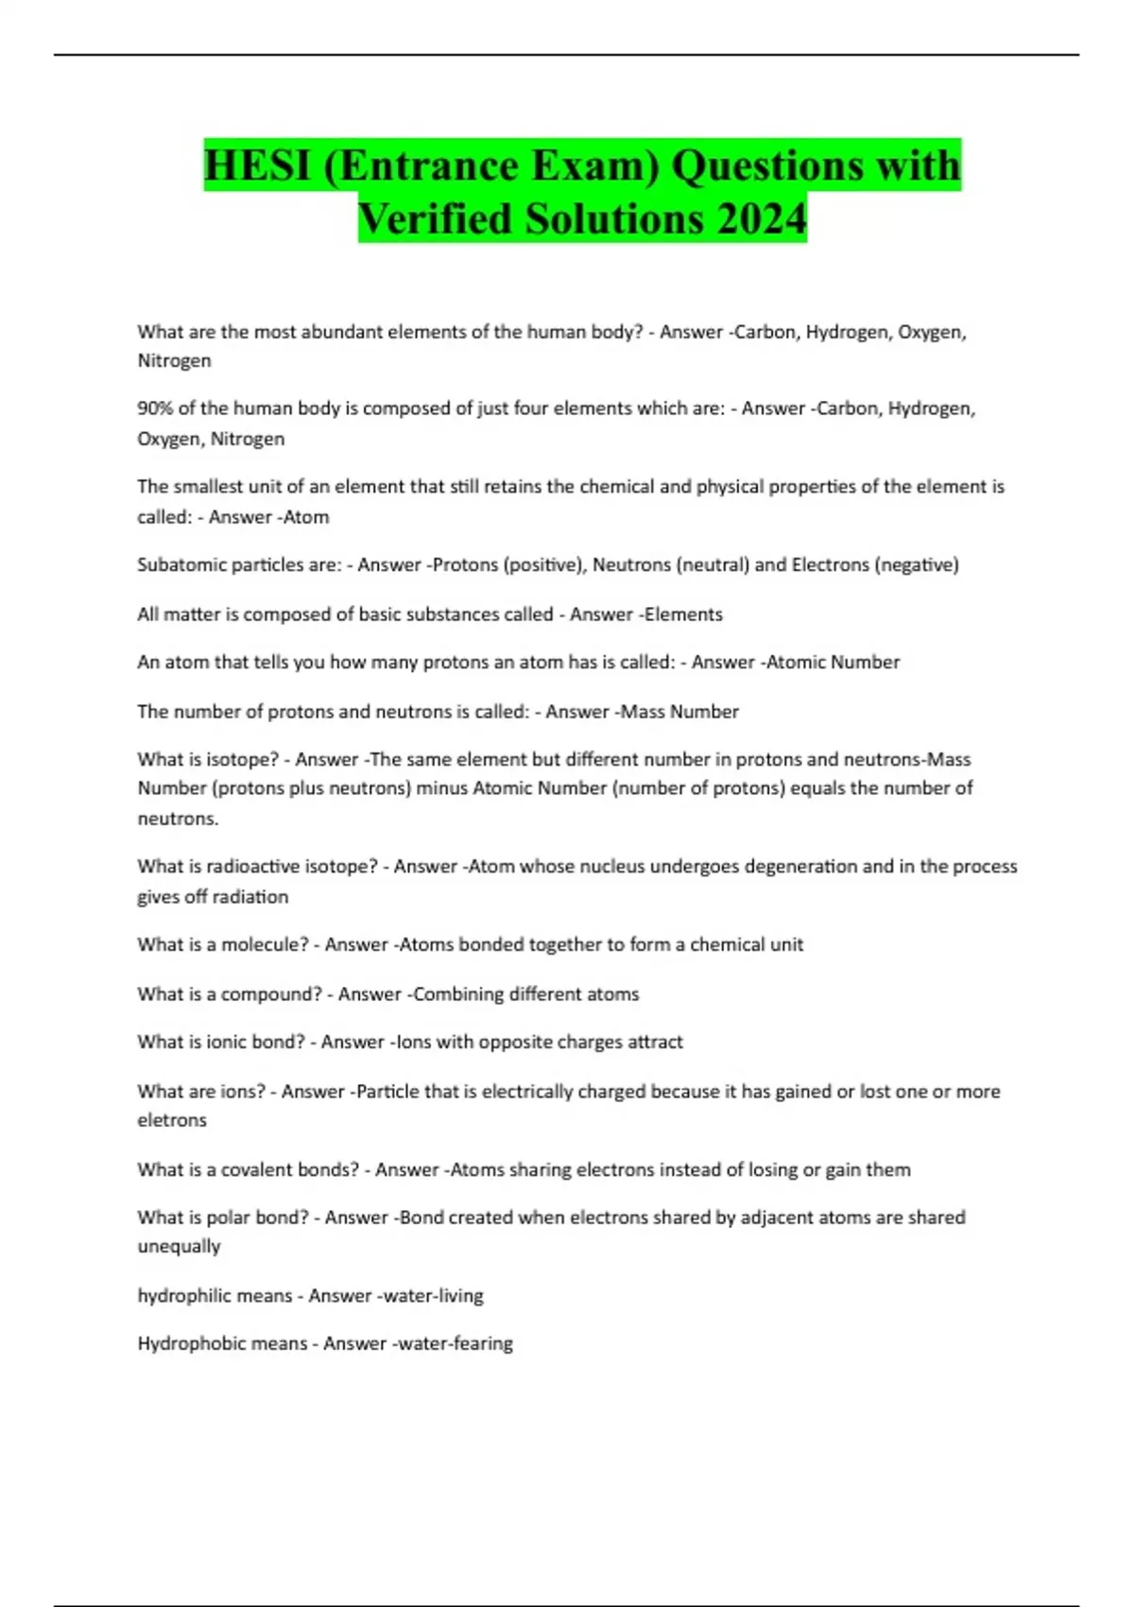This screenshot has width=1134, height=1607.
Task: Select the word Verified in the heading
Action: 436,218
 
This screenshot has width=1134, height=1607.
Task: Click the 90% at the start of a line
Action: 155,408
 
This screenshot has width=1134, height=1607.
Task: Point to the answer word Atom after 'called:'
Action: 305,517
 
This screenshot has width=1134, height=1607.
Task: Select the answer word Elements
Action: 683,614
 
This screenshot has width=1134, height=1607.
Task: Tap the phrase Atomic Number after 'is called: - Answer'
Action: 833,662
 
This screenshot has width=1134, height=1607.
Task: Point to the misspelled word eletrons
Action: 172,1120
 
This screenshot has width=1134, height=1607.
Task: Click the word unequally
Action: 180,1246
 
